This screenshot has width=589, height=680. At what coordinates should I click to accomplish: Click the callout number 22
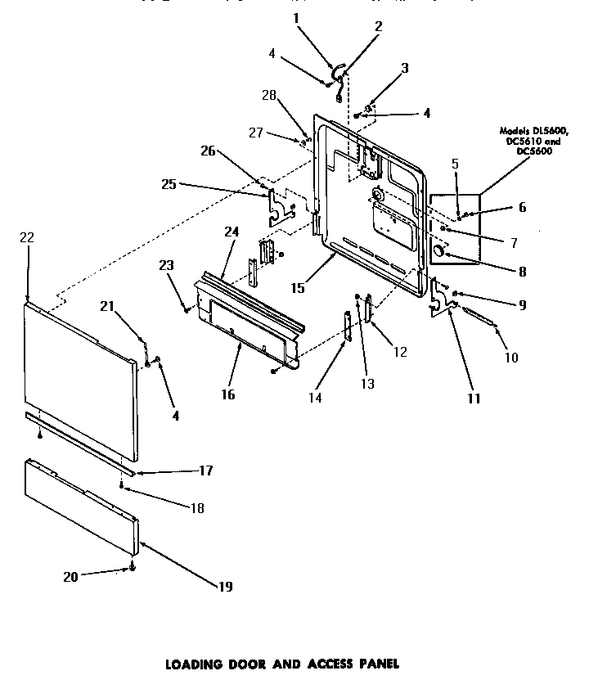click(27, 237)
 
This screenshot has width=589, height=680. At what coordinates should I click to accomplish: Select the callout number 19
click(224, 587)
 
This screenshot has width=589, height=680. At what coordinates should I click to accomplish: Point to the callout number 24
click(232, 232)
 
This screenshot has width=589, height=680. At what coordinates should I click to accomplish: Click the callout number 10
click(512, 358)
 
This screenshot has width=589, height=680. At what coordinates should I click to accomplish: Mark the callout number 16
click(227, 394)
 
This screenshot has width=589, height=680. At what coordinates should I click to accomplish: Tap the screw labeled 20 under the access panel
click(133, 568)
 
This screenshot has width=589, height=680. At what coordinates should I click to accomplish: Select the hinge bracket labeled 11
click(442, 299)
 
